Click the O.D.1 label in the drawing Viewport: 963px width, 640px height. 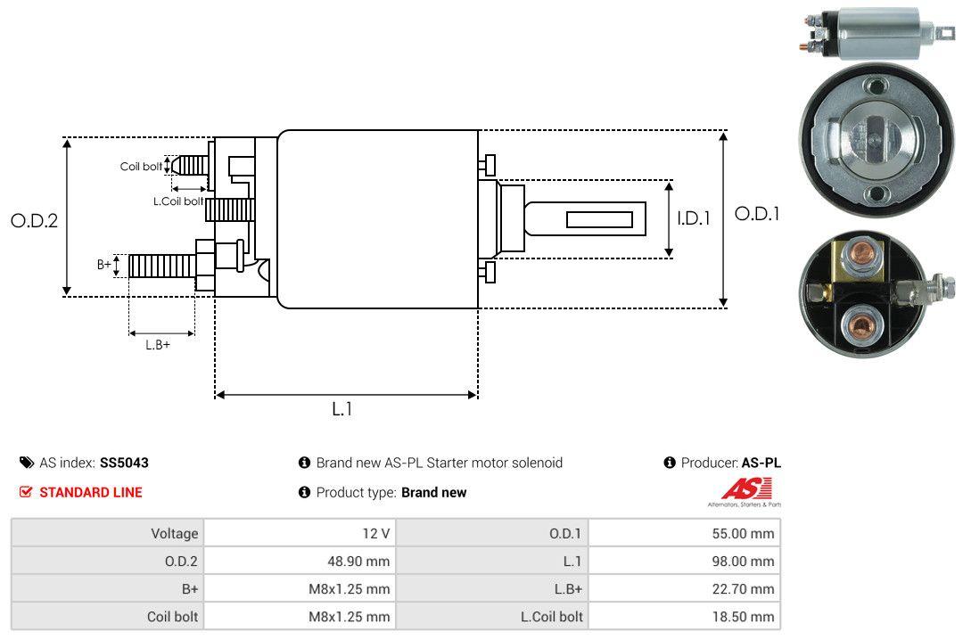point(757,214)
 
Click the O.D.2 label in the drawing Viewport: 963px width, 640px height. point(34,221)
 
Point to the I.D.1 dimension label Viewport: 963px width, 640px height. point(693,217)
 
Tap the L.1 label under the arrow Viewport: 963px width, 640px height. point(342,409)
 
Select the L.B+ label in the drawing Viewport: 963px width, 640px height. point(158,345)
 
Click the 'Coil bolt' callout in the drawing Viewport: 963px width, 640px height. point(141,167)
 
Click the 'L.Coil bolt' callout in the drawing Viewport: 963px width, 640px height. point(178,201)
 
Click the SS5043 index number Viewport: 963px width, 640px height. point(124,463)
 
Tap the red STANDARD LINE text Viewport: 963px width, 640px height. point(90,492)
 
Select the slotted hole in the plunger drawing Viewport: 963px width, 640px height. point(599,219)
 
